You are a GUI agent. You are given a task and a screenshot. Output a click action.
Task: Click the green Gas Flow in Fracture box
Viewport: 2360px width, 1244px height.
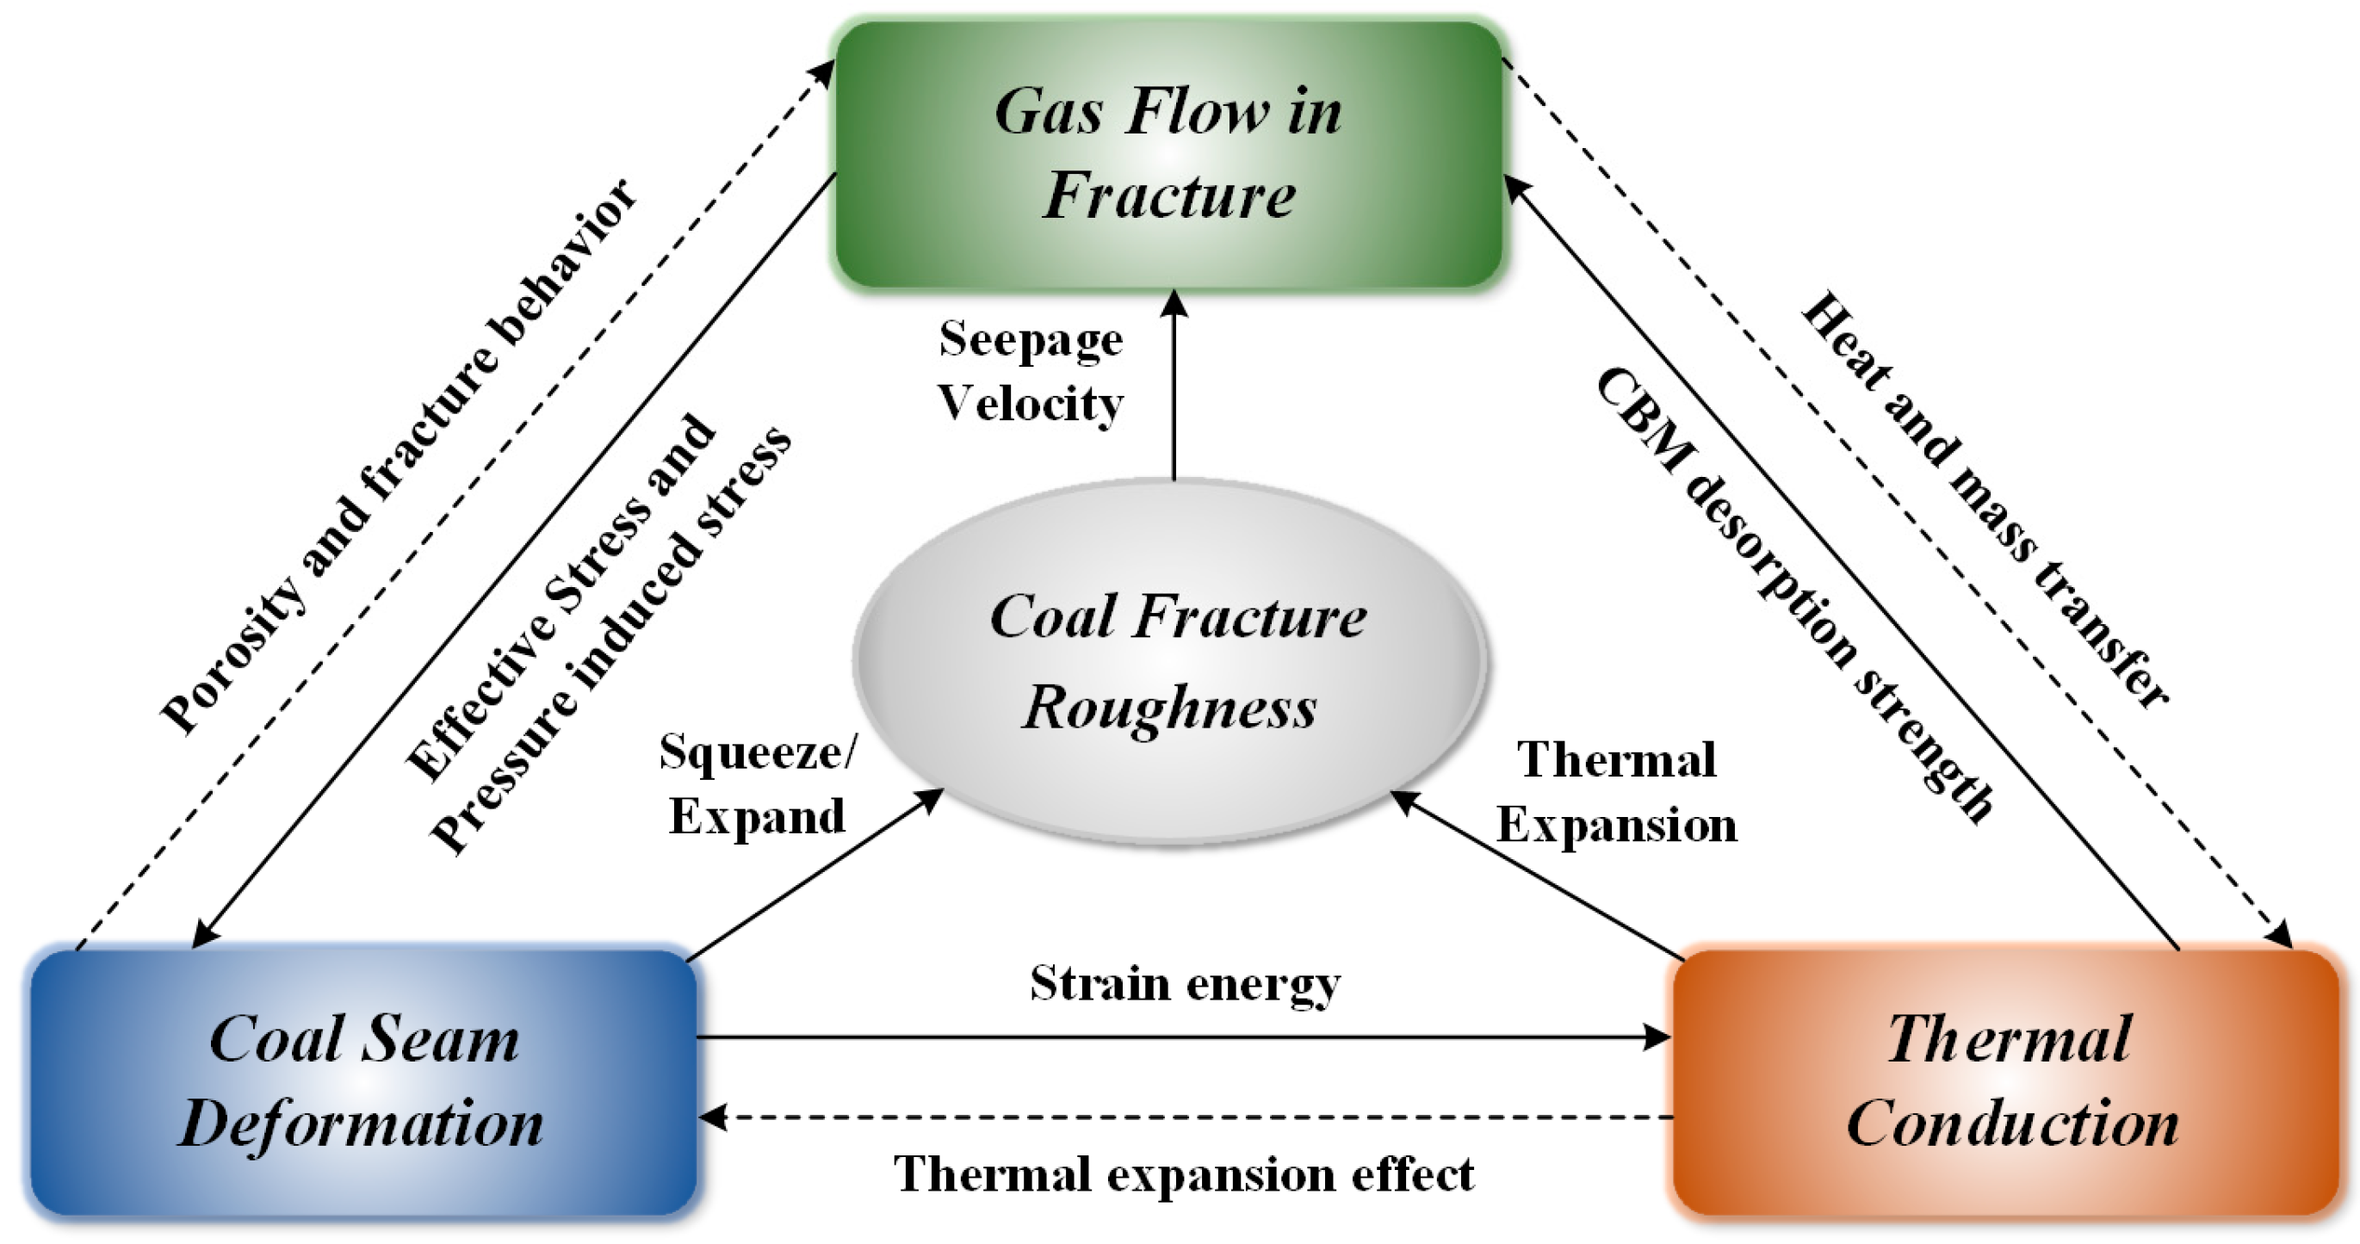click(x=1168, y=154)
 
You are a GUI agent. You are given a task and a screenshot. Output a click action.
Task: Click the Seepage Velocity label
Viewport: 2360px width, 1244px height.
click(x=1031, y=371)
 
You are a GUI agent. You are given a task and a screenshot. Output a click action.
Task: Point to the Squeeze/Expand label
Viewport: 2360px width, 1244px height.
click(x=757, y=784)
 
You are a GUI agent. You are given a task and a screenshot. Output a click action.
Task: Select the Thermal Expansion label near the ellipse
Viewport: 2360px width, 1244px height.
click(x=1617, y=792)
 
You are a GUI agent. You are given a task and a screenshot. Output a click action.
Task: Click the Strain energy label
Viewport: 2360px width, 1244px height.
click(x=1185, y=984)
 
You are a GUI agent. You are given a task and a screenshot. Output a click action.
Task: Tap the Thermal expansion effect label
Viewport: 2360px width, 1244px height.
click(x=1185, y=1174)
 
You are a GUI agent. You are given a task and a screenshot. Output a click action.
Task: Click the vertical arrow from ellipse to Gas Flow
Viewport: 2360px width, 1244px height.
click(x=1174, y=385)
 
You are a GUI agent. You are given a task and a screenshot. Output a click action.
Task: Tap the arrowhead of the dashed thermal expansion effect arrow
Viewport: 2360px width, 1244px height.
click(x=713, y=1117)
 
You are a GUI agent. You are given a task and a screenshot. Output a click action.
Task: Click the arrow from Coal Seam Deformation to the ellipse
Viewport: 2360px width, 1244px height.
click(x=815, y=875)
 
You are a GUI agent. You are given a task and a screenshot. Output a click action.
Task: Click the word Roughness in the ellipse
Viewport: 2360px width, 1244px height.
click(x=1170, y=709)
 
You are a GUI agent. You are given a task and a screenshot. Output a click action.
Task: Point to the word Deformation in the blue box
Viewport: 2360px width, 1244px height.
click(x=362, y=1124)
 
